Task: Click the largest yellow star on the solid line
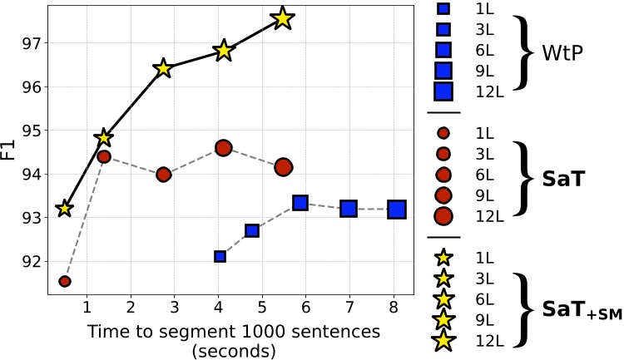coord(283,18)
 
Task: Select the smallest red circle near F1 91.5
coord(65,281)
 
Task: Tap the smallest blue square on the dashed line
coord(220,257)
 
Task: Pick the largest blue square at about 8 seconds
coord(397,209)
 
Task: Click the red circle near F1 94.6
coord(223,148)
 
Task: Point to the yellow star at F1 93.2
coord(64,209)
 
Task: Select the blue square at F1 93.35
coord(300,202)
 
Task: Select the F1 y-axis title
coord(9,151)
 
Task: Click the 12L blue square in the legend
coord(443,91)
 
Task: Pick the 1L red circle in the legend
coord(443,133)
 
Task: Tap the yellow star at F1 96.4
coord(163,68)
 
